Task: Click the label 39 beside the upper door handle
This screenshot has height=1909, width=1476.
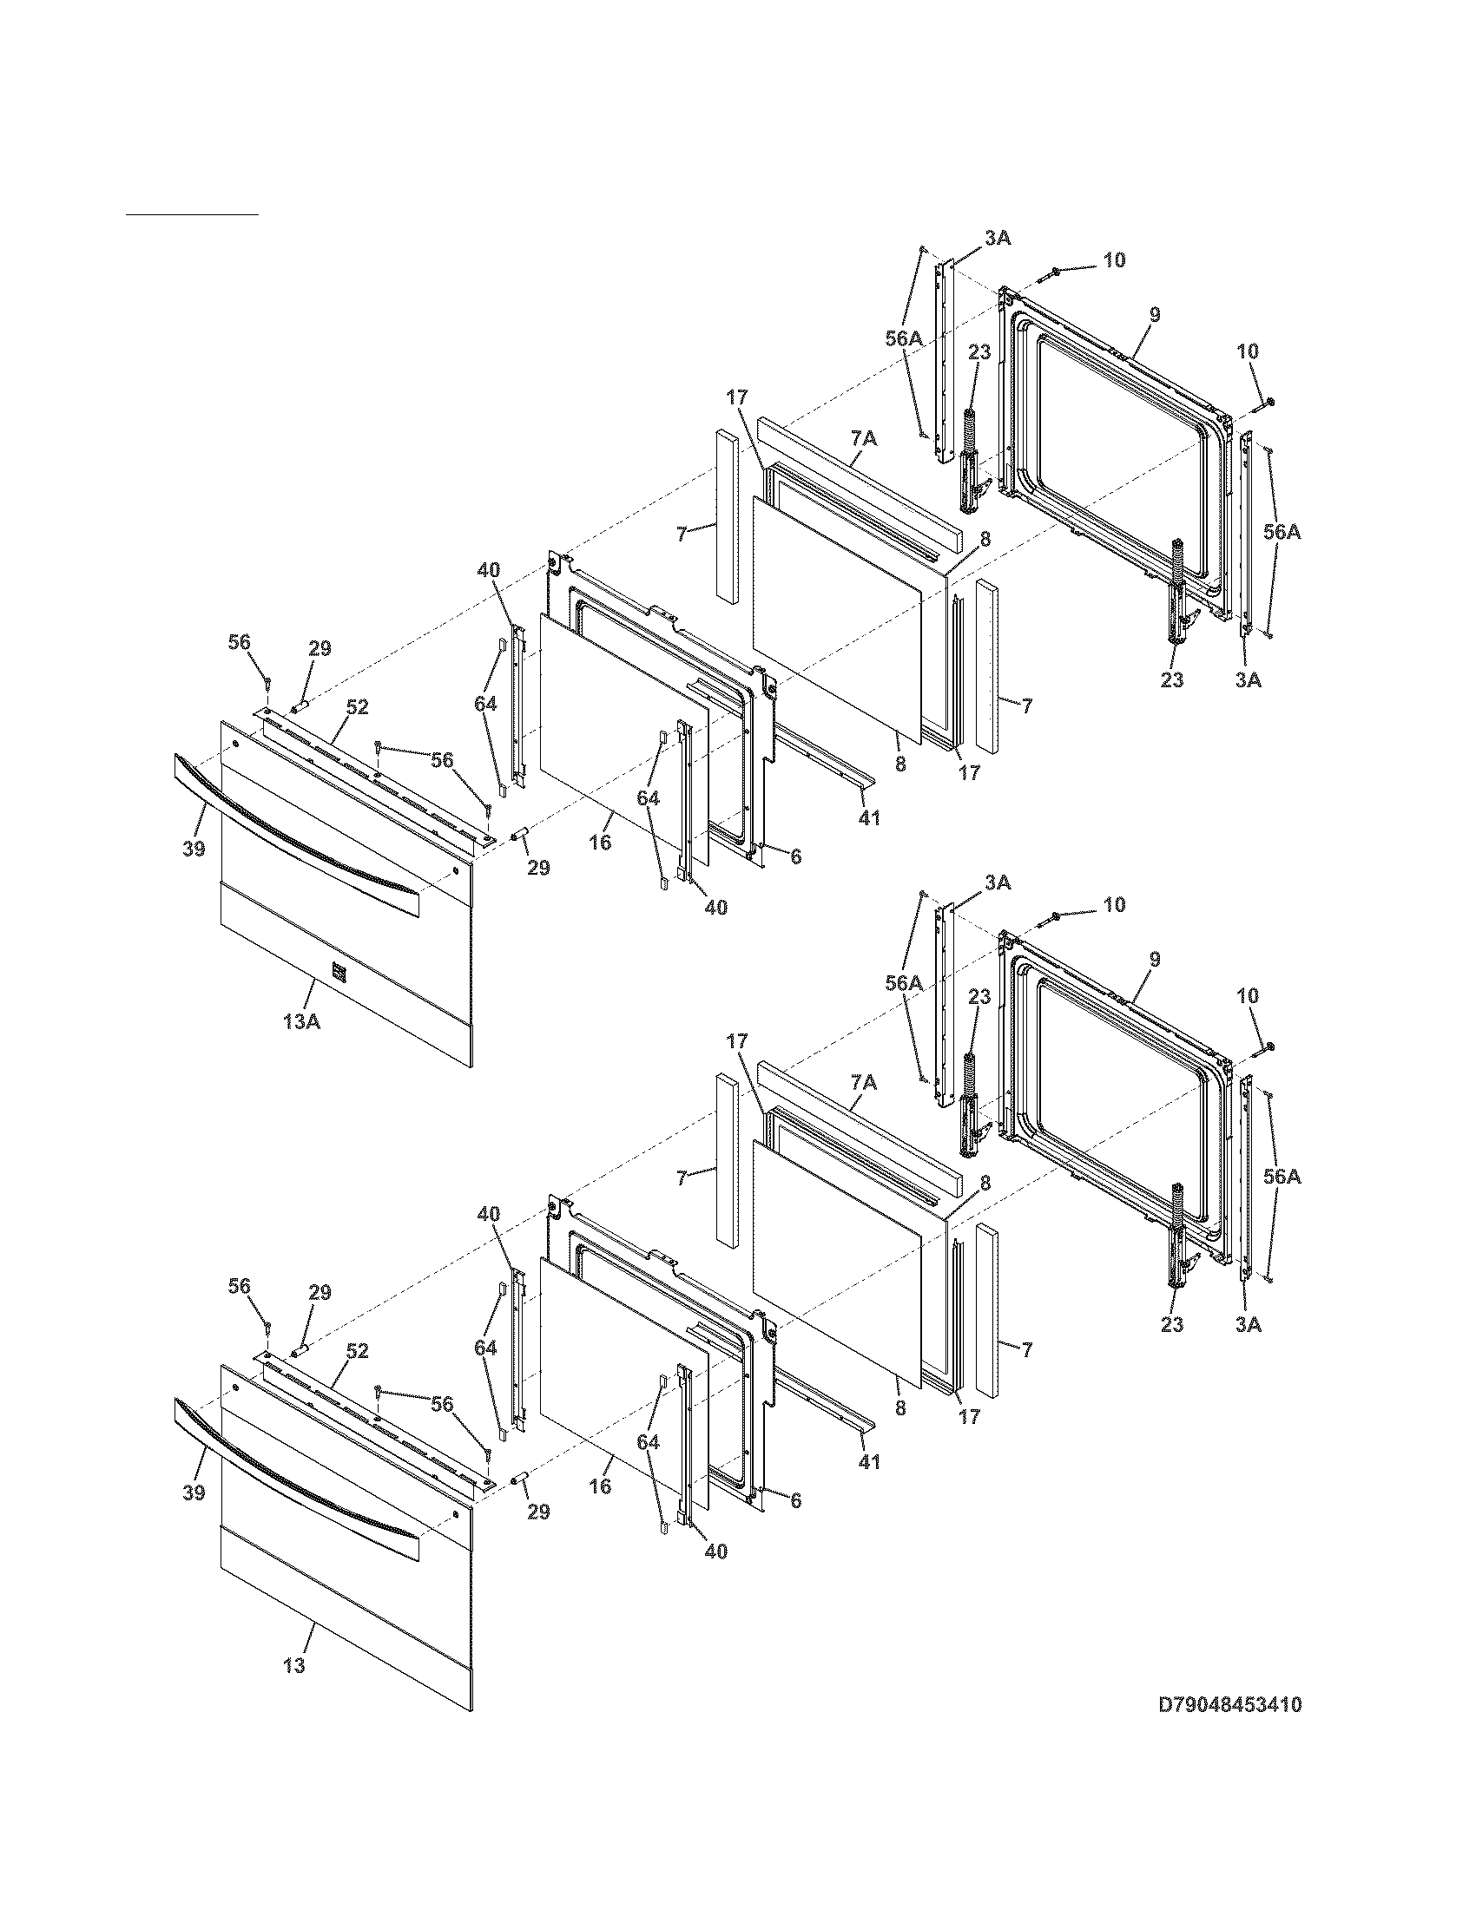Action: tap(194, 848)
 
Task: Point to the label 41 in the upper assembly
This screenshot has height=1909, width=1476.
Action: tap(868, 817)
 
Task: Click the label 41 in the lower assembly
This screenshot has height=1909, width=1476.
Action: tap(868, 1461)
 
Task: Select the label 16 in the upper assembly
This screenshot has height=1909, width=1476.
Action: tap(600, 842)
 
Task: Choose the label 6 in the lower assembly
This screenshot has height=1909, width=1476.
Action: tap(794, 1501)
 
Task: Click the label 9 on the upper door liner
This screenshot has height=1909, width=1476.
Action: tap(1155, 315)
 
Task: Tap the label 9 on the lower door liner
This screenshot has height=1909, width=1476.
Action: tap(1155, 959)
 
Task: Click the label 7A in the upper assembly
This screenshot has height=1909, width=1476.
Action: tap(863, 438)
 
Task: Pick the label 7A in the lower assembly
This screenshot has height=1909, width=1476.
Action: tap(863, 1082)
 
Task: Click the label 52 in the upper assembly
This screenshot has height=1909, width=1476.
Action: tap(357, 707)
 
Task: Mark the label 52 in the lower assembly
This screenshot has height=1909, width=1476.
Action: tap(357, 1351)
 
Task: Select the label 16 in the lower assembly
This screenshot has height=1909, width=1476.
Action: tap(600, 1486)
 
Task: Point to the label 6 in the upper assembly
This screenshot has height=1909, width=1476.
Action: tap(794, 856)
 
